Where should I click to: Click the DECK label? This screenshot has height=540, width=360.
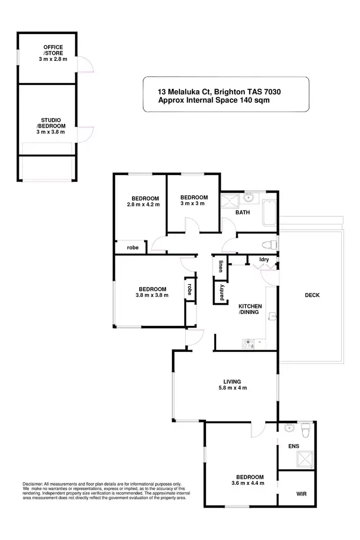click(x=312, y=295)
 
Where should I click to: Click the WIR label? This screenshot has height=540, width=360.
click(x=301, y=493)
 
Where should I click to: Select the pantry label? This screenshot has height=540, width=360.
click(x=222, y=293)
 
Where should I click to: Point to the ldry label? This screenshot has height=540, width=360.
click(x=264, y=260)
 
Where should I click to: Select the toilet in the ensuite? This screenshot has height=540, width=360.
click(x=304, y=427)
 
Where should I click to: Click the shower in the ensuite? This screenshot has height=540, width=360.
click(x=304, y=459)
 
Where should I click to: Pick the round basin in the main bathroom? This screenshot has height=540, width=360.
click(x=249, y=197)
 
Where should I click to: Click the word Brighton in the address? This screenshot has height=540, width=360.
click(x=232, y=92)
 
